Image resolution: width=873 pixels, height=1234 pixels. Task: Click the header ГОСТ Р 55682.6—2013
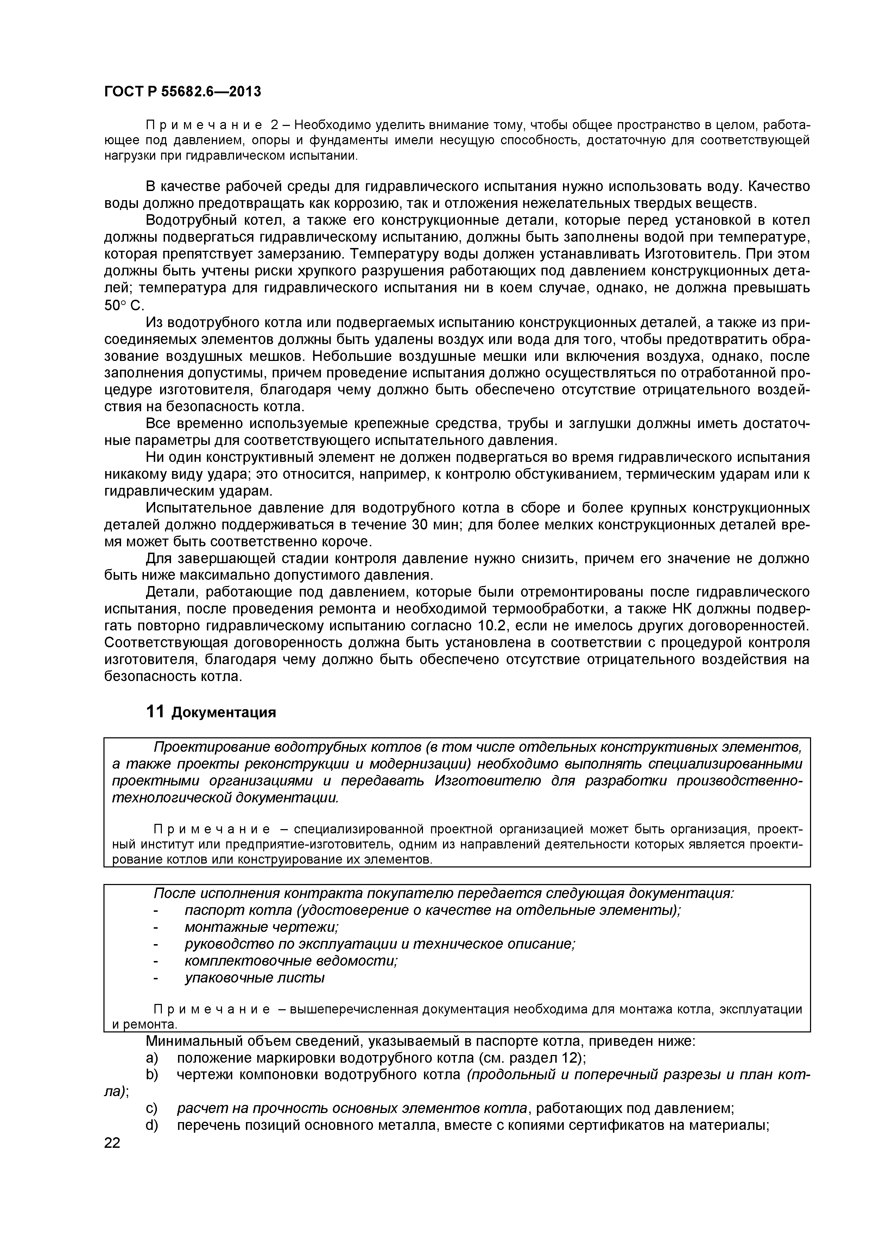click(x=182, y=92)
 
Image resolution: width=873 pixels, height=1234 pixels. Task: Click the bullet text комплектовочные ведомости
click(x=291, y=961)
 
